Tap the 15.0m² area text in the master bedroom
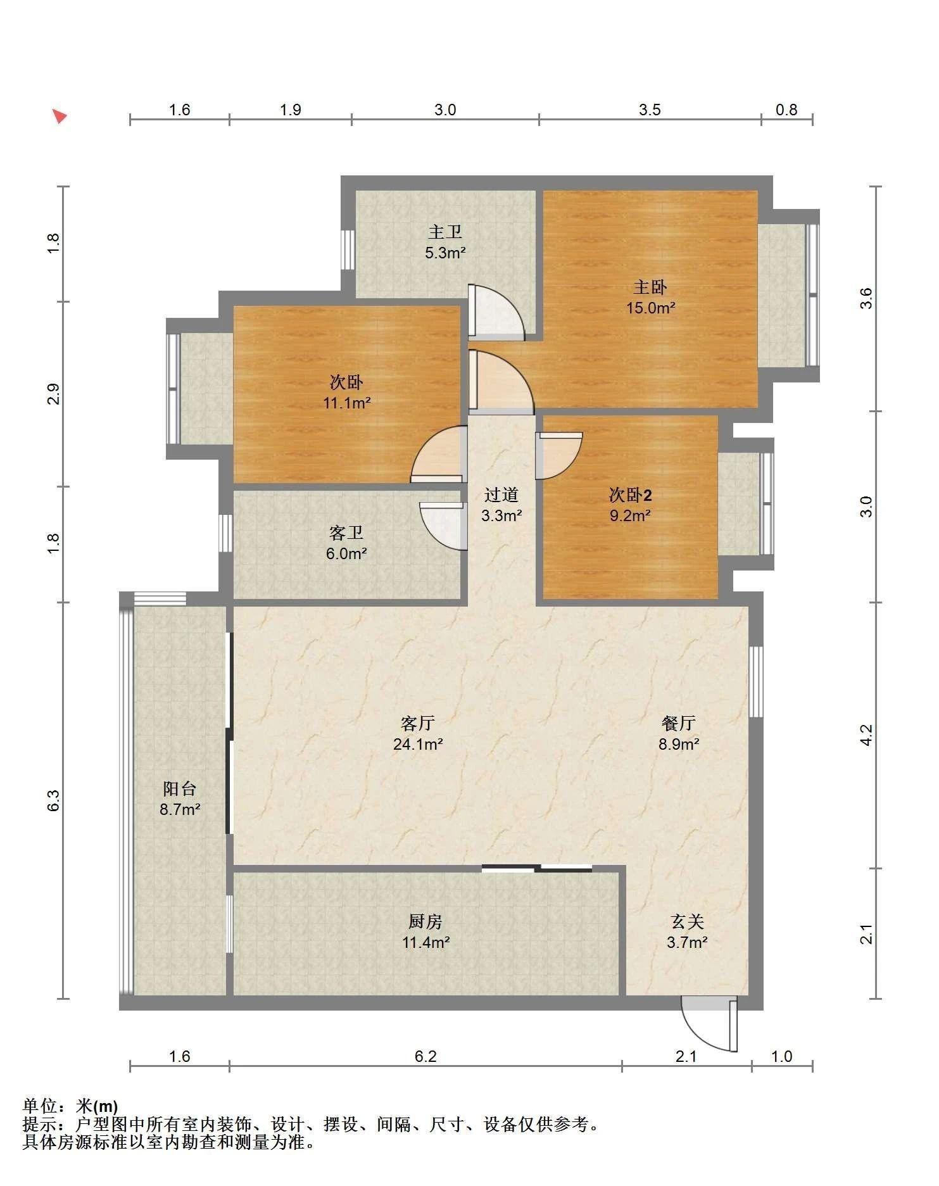(650, 308)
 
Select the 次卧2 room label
(630, 495)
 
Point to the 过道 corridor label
(501, 495)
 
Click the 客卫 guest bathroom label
(346, 533)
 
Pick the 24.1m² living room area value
(418, 744)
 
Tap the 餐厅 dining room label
(679, 722)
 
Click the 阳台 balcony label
(180, 788)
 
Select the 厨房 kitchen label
(425, 921)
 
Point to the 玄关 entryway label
(687, 921)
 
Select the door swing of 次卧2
(558, 455)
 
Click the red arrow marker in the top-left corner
(60, 117)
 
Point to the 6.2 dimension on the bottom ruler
(425, 1056)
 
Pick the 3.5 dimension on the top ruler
(650, 110)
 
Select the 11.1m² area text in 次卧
(347, 403)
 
